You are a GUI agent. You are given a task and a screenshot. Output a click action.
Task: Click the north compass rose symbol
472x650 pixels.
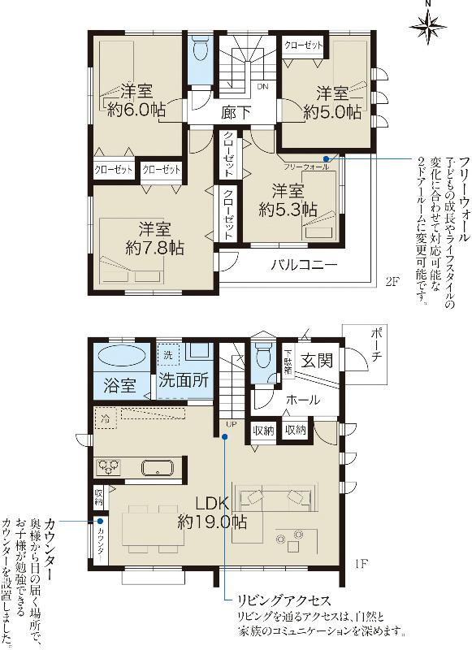click(428, 28)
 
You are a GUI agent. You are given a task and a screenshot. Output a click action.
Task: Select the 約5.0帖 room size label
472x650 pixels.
click(332, 113)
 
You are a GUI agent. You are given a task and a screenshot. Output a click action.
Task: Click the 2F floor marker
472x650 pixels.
click(392, 282)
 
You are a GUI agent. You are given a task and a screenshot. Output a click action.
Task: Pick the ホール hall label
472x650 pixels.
click(301, 400)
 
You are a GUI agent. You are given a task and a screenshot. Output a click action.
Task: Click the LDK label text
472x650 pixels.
click(210, 501)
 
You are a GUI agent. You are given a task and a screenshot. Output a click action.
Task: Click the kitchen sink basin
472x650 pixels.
click(155, 468)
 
